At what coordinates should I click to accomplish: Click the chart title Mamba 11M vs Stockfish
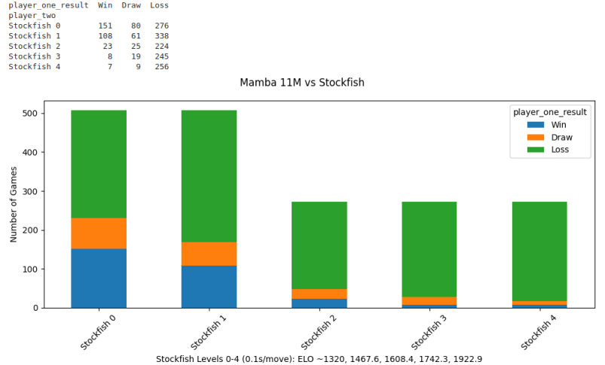pos(301,83)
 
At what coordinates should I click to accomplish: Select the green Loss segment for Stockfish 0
pos(99,164)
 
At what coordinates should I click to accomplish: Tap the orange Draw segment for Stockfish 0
pos(99,233)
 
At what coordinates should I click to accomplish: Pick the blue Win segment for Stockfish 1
pos(209,287)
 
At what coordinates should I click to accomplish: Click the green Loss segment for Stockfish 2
pos(319,245)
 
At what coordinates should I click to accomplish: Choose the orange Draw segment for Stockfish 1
pos(209,254)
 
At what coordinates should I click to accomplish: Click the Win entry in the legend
pos(558,125)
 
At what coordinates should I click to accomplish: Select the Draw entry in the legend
pos(561,138)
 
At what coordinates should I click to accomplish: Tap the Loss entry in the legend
pos(560,150)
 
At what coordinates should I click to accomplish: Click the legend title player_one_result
pos(550,112)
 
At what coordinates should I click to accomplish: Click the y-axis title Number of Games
pos(14,205)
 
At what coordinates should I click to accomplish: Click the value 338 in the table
pos(161,35)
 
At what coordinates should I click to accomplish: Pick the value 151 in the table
pos(105,26)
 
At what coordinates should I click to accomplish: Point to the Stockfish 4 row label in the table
pos(35,66)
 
